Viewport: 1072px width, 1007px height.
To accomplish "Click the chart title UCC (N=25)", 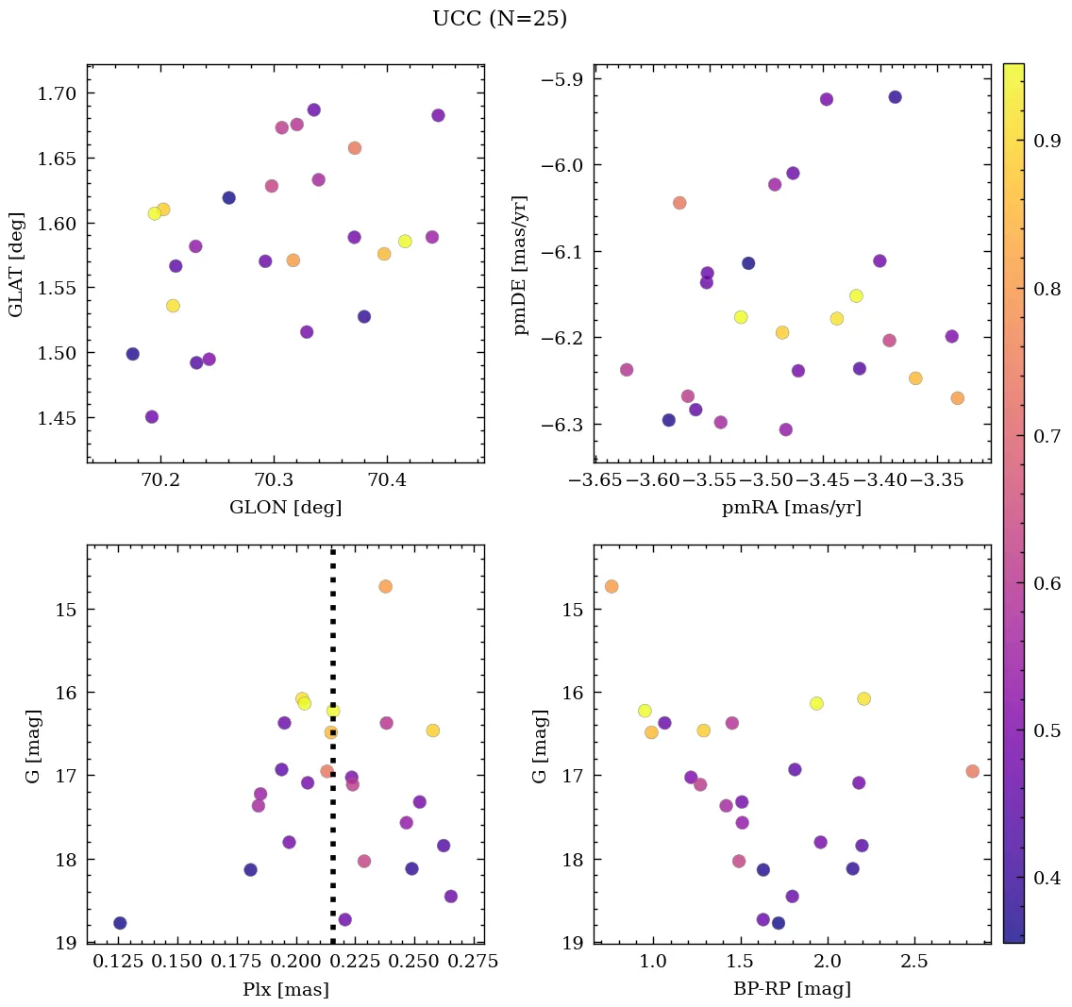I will [499, 19].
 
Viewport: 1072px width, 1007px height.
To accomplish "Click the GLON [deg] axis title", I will [285, 508].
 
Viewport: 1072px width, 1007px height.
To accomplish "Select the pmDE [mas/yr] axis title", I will [520, 264].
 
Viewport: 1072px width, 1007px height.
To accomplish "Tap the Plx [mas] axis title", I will [285, 990].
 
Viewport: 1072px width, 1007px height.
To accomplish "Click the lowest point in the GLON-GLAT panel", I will [152, 417].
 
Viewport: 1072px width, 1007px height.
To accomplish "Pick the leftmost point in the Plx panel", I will [120, 923].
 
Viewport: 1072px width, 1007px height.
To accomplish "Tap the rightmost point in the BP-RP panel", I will [973, 771].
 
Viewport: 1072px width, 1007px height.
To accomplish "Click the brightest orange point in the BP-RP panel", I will [611, 586].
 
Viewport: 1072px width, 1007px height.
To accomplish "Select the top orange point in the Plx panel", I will [385, 586].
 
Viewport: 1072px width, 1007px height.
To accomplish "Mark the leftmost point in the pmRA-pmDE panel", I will [627, 370].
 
